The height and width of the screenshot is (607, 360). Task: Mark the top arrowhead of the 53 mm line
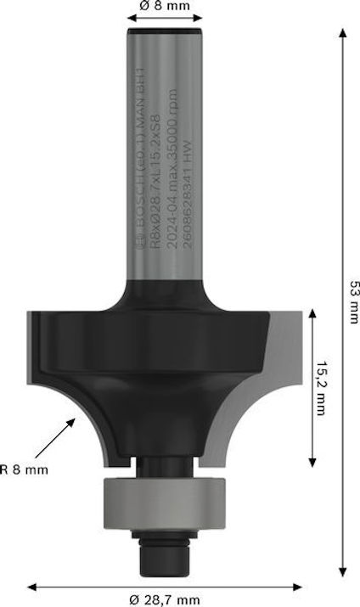click(x=343, y=32)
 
